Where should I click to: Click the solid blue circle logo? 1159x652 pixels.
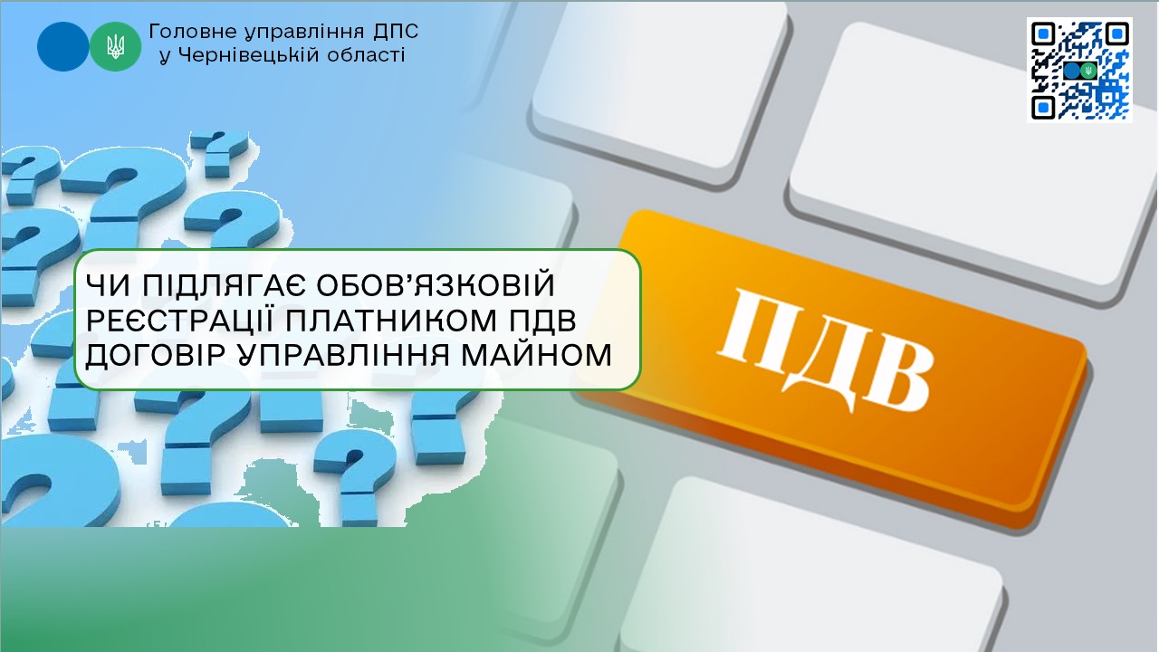pos(63,46)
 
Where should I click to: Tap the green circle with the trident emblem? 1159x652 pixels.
pos(115,46)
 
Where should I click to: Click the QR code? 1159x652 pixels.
pos(1080,70)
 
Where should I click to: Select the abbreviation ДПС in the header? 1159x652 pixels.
pos(396,32)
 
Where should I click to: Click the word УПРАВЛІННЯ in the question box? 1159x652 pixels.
pos(343,356)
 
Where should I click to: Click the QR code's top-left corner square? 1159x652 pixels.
pos(1043,34)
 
